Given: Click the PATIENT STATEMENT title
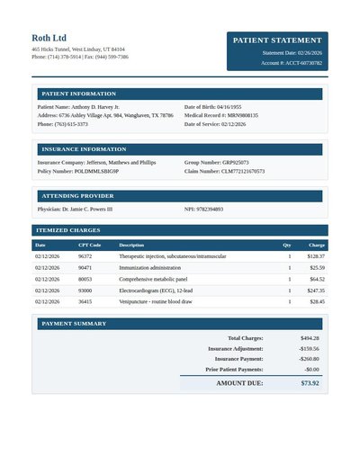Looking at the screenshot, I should tap(277, 40).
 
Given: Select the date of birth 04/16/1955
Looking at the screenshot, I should tap(229, 107).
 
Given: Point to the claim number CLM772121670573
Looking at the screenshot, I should tap(243, 171).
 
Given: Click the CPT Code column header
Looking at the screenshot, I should tap(89, 245).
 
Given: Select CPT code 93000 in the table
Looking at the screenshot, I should tap(85, 291).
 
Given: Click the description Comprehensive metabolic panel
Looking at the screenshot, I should tap(153, 279).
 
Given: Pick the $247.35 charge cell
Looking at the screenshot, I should tap(315, 291).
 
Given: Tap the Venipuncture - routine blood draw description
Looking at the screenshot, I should tap(156, 302).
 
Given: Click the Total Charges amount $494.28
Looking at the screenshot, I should tap(309, 338).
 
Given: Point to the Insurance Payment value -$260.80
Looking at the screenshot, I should tap(309, 359).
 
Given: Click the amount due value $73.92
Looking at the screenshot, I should tap(310, 383).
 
